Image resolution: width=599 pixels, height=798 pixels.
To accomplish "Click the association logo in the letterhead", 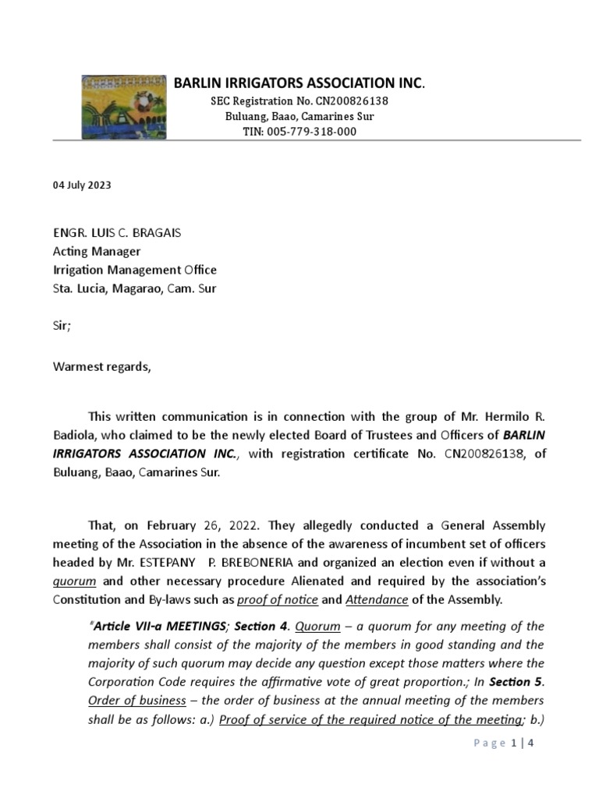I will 124,107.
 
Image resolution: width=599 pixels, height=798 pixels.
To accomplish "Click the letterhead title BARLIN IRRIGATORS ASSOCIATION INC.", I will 299,83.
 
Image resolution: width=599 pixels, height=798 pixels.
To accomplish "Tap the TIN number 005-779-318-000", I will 299,132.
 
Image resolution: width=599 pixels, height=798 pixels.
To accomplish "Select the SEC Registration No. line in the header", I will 299,101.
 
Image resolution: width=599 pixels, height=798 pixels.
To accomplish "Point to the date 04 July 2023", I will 82,185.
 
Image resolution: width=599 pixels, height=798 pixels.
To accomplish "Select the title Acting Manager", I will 97,252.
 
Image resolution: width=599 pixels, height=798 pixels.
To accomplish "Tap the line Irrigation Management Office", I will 135,270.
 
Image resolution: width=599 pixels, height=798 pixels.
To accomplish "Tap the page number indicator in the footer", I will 504,743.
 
